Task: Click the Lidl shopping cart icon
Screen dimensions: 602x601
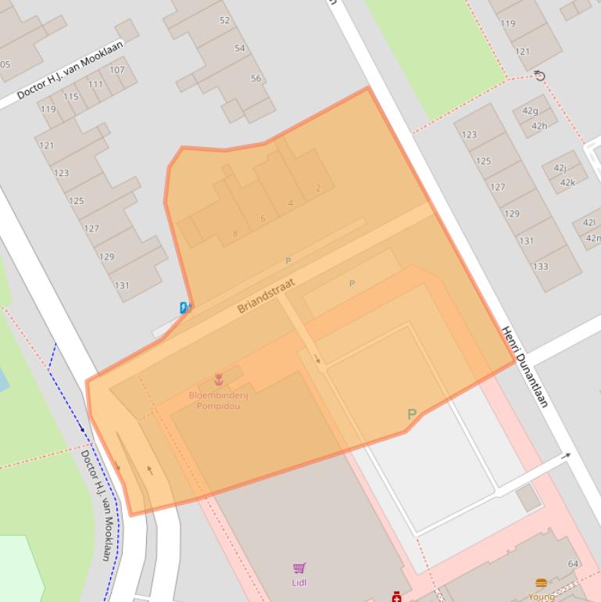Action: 299,568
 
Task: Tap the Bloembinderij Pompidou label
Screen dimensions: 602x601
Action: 218,400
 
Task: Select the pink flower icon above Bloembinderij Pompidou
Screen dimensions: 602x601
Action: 219,381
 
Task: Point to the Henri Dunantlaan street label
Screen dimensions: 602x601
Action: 524,367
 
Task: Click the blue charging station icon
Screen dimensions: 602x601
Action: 184,308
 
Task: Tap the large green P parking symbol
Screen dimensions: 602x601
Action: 411,414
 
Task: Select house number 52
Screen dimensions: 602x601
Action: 225,20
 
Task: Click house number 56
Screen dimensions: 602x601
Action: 256,78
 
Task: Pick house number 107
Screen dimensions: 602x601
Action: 116,70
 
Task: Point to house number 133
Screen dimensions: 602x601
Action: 540,266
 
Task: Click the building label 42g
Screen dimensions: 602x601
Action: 531,110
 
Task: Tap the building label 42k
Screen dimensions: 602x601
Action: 567,182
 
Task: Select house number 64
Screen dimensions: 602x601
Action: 573,564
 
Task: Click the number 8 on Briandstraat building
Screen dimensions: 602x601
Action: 234,234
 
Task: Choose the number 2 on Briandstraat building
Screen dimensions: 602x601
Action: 318,188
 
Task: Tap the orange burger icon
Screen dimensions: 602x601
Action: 541,583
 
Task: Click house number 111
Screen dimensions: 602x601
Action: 95,84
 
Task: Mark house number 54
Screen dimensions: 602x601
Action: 240,48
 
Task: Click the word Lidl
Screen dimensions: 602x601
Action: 299,582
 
